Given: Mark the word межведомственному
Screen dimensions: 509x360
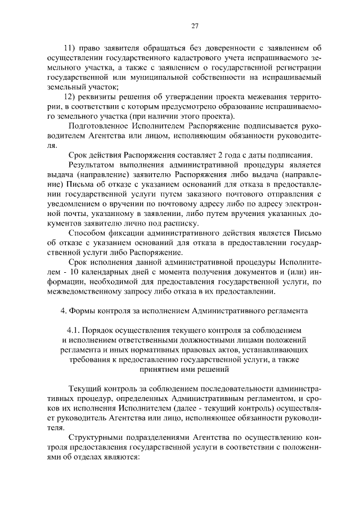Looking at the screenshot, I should point(83,291).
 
